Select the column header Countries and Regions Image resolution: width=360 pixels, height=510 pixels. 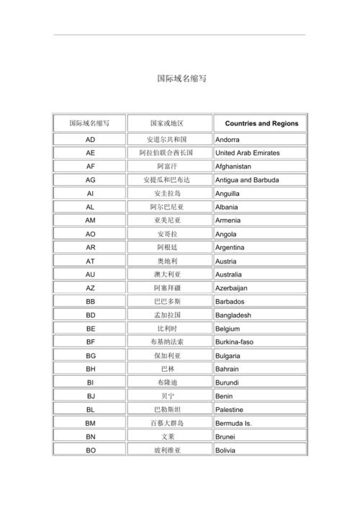[x=261, y=123]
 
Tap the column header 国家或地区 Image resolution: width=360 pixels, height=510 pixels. [x=167, y=123]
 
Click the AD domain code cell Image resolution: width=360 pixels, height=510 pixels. [x=90, y=139]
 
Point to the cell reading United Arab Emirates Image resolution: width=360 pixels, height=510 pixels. [x=247, y=153]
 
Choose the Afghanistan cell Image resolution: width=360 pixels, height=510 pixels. [x=233, y=166]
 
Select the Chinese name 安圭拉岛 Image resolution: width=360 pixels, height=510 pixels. [x=167, y=194]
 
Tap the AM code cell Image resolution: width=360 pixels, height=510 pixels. [x=90, y=220]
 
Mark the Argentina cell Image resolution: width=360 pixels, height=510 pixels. [x=230, y=248]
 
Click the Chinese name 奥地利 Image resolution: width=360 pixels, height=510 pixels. [x=167, y=261]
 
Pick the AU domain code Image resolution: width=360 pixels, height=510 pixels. [x=90, y=274]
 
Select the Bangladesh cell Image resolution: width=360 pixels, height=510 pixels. [x=233, y=316]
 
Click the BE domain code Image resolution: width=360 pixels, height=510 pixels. [x=90, y=328]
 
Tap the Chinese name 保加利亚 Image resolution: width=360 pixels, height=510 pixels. [x=167, y=356]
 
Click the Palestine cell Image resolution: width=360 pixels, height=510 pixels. [x=230, y=410]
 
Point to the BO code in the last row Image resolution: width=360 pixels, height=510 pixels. [x=90, y=450]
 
